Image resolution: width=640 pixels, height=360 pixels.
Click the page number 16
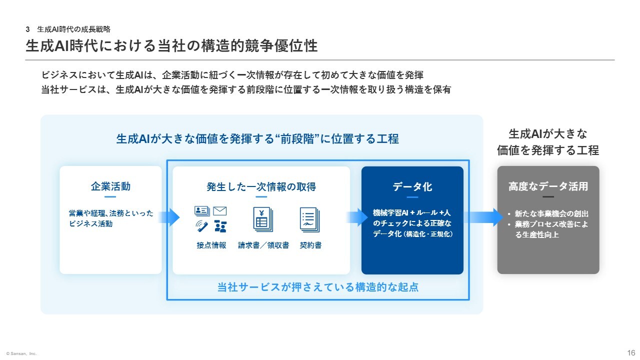[x=631, y=352]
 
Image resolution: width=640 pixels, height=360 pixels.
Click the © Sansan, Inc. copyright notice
[x=21, y=353]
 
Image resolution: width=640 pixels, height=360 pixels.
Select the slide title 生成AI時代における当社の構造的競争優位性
[x=171, y=46]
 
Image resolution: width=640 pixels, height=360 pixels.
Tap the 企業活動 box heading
[x=110, y=186]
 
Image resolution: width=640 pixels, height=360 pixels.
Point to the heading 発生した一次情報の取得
[x=261, y=187]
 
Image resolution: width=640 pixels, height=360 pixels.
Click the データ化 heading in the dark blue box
[x=412, y=187]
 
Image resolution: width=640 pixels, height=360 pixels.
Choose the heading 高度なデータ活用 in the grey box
[x=548, y=187]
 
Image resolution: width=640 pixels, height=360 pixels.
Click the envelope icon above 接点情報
[x=220, y=211]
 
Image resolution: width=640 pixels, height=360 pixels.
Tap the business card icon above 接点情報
[x=202, y=211]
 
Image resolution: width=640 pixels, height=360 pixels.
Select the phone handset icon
[x=202, y=226]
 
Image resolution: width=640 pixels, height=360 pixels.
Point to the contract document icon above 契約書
[x=310, y=219]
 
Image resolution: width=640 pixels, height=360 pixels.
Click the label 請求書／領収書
[x=263, y=245]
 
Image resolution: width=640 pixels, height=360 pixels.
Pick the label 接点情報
[x=211, y=245]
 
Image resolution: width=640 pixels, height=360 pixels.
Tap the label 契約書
[x=310, y=245]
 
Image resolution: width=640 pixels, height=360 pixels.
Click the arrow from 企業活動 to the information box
[x=169, y=217]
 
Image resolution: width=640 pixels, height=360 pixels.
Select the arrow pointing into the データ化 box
[x=357, y=217]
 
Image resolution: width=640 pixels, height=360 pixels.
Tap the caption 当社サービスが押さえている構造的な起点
[x=318, y=287]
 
